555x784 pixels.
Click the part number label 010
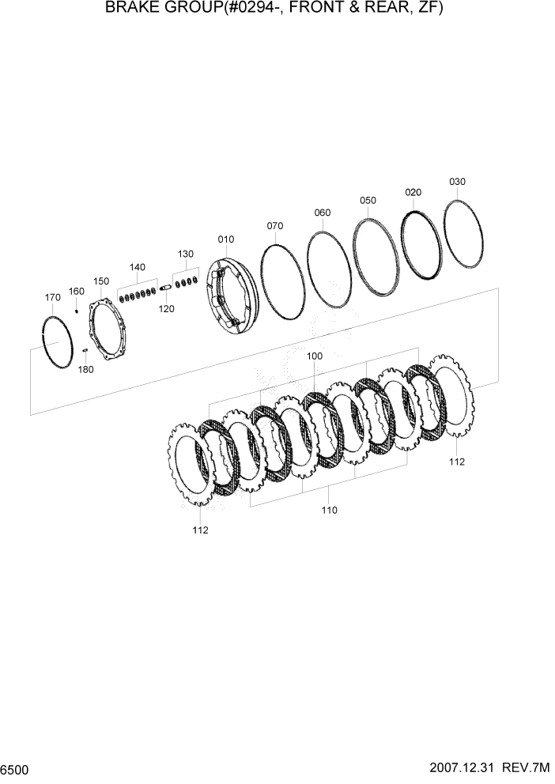click(226, 239)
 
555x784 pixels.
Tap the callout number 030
click(457, 182)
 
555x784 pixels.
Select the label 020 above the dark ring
click(413, 192)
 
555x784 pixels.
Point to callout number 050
click(368, 201)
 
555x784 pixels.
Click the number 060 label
click(322, 213)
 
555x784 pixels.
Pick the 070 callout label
click(274, 226)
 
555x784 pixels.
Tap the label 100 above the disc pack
click(314, 356)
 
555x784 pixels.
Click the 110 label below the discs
click(329, 510)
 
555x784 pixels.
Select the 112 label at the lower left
click(200, 530)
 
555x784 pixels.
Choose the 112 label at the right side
click(457, 462)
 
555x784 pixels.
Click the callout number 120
click(166, 309)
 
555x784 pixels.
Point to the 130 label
click(185, 254)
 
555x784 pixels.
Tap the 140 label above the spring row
click(138, 267)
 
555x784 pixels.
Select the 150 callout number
click(101, 281)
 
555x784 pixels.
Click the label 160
click(76, 292)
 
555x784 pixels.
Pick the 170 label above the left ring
click(52, 298)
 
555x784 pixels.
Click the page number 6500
click(16, 769)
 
